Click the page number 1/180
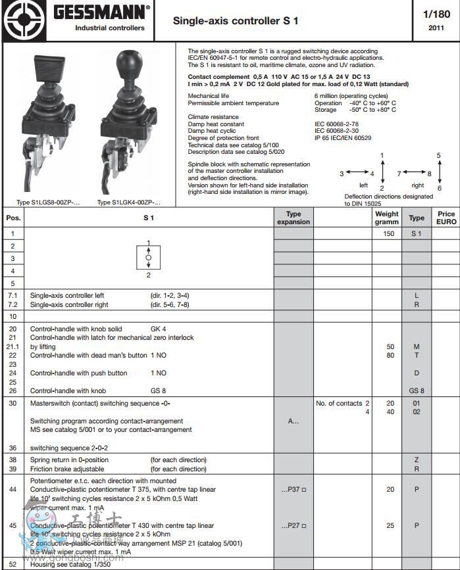pyautogui.click(x=437, y=14)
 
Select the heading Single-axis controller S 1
pyautogui.click(x=235, y=21)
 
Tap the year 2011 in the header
pyautogui.click(x=436, y=28)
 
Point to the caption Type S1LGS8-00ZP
pyautogui.click(x=47, y=202)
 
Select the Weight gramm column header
pyautogui.click(x=386, y=218)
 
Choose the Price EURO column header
pyautogui.click(x=446, y=218)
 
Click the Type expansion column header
pyautogui.click(x=294, y=218)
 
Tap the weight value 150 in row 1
pyautogui.click(x=389, y=234)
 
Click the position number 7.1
pyautogui.click(x=13, y=296)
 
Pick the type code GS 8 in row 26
pyautogui.click(x=416, y=391)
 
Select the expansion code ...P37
pyautogui.click(x=294, y=490)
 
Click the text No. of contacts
pyautogui.click(x=339, y=404)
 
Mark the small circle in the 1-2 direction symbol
pyautogui.click(x=149, y=258)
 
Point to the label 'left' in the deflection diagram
pyautogui.click(x=363, y=185)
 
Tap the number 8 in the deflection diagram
pyautogui.click(x=429, y=174)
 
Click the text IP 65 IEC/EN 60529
pyautogui.click(x=342, y=137)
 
